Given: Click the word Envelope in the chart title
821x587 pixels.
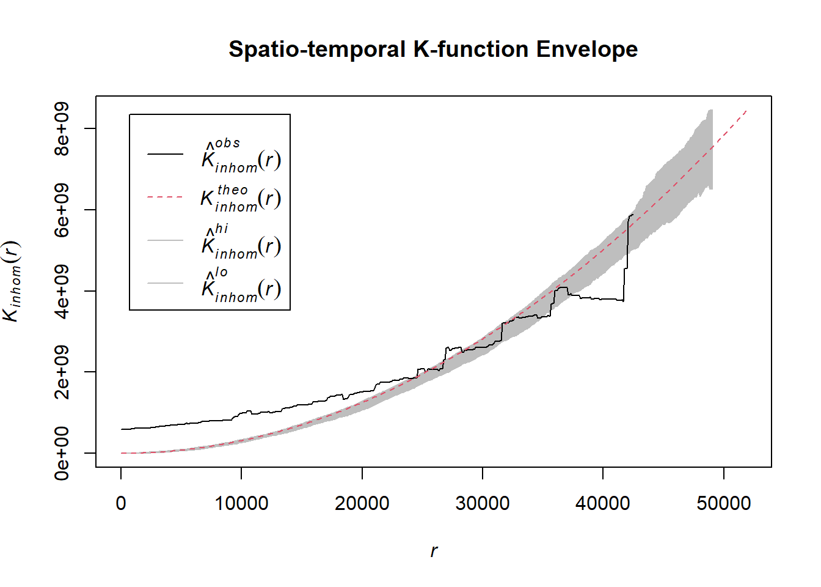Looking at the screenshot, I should pyautogui.click(x=586, y=50).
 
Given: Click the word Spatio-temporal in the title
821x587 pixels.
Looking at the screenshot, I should pyautogui.click(x=317, y=50).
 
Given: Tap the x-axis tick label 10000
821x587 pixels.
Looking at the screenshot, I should pyautogui.click(x=241, y=504).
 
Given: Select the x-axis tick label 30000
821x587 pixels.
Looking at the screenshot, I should pyautogui.click(x=483, y=504).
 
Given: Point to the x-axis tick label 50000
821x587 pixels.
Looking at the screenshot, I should pyautogui.click(x=724, y=504).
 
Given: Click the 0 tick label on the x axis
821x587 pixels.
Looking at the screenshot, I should pyautogui.click(x=121, y=504).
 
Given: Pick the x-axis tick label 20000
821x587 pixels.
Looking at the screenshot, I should pyautogui.click(x=362, y=504).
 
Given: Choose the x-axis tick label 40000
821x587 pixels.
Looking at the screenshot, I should pyautogui.click(x=603, y=504).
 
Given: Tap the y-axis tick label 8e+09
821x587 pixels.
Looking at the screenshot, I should pyautogui.click(x=62, y=129).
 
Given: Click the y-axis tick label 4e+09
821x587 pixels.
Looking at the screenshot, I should pyautogui.click(x=62, y=291).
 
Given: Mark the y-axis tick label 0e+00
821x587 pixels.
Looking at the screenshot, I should pyautogui.click(x=62, y=453).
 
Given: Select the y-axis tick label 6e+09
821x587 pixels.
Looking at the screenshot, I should pyautogui.click(x=62, y=210).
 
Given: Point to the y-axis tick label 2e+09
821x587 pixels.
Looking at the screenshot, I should pyautogui.click(x=62, y=372).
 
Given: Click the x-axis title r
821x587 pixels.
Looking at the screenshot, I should pyautogui.click(x=434, y=551).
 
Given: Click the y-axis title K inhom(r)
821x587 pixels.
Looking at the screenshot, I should pyautogui.click(x=12, y=281).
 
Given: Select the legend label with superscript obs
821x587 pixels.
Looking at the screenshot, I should pyautogui.click(x=241, y=155).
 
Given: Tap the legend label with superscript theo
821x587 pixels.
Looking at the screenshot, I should pyautogui.click(x=241, y=198).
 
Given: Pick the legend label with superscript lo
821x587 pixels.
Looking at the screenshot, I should pyautogui.click(x=241, y=284).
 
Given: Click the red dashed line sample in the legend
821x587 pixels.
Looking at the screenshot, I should pyautogui.click(x=165, y=198).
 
